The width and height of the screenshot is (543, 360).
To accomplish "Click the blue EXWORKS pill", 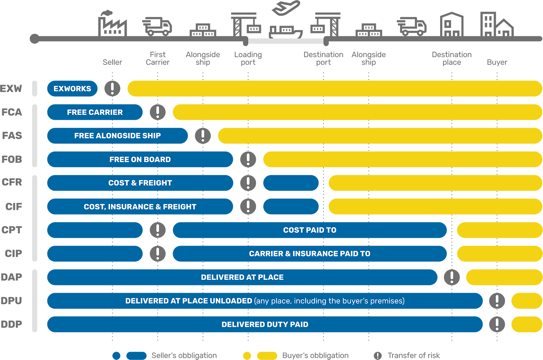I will [72, 89].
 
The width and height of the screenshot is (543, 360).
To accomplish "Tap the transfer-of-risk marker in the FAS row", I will [203, 136].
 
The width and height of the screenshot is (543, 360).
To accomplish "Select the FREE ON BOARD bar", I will [140, 160].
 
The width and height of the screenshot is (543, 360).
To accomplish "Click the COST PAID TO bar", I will [310, 230].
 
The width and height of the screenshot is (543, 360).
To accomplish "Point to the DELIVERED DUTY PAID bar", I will [265, 325].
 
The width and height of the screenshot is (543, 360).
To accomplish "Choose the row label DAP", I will [12, 277].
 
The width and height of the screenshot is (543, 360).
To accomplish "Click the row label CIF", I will [14, 207].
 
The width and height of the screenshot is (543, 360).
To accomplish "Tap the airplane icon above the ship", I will [286, 8].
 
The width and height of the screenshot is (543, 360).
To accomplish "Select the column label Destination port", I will [323, 59].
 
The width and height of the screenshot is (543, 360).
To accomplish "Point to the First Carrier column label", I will [158, 59].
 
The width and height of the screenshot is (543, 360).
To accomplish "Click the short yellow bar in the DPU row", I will [527, 301].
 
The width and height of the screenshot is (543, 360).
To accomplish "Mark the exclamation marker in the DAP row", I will [452, 277].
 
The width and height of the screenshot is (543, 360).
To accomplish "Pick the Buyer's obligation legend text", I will [315, 356].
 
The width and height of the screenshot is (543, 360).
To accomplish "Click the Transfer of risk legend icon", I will [378, 356].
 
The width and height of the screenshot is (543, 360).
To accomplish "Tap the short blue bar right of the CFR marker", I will [291, 183].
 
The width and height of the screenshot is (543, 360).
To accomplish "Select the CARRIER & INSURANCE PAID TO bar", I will [310, 254].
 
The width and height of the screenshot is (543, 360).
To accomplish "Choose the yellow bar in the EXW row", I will [335, 89].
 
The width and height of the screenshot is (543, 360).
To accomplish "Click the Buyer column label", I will [497, 62].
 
